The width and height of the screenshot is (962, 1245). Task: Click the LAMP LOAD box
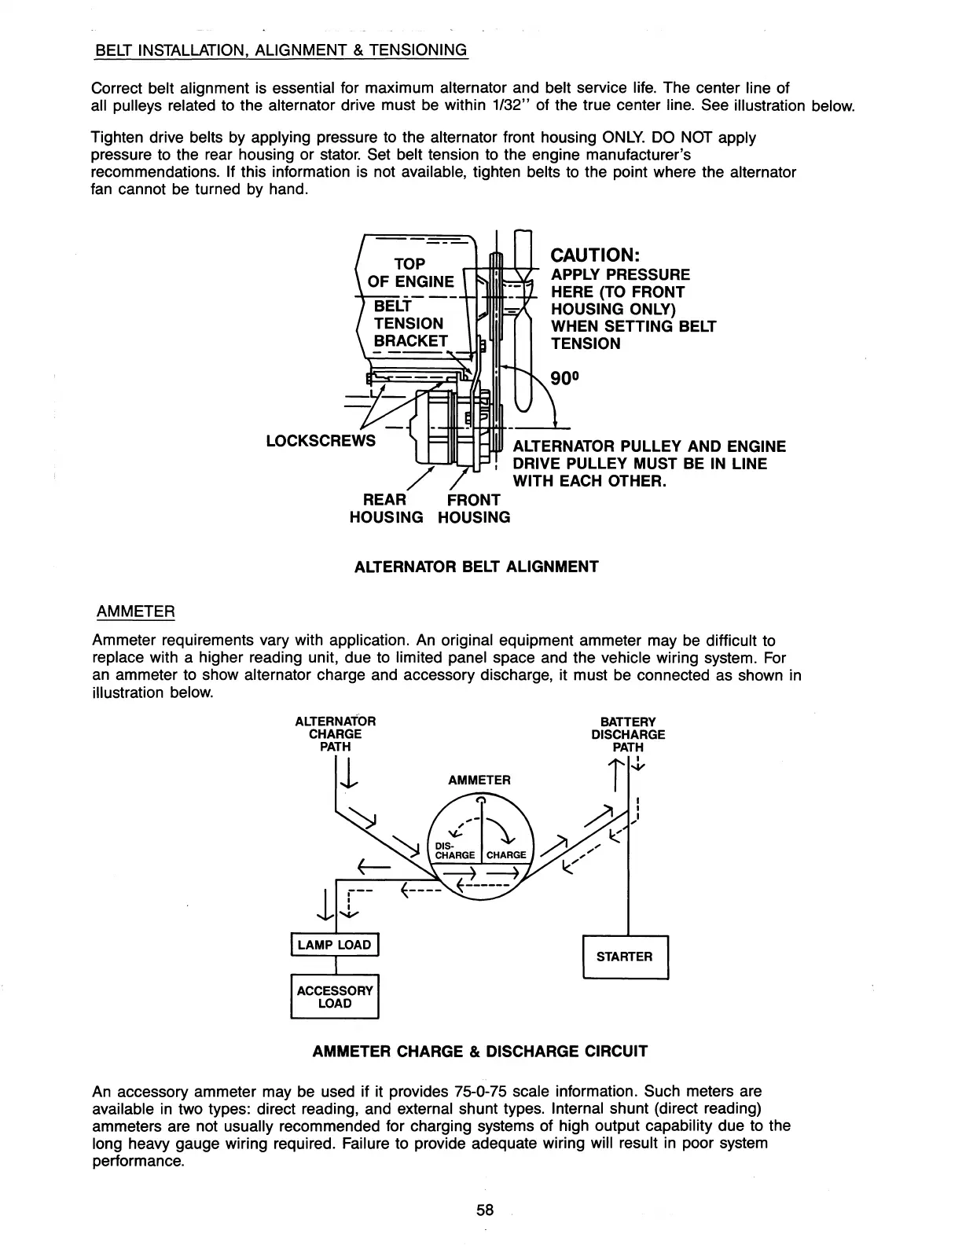335,944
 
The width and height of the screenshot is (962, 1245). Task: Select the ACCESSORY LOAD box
335,997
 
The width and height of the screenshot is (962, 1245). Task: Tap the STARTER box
625,957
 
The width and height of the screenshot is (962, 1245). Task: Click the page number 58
485,1210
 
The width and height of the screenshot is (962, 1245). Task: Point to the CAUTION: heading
597,255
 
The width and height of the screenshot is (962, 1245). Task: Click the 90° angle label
564,378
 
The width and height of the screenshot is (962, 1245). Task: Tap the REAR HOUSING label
386,509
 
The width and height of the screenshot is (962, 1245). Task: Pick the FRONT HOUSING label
474,509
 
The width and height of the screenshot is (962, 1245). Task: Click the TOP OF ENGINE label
410,272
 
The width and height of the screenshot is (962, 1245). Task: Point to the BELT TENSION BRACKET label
409,323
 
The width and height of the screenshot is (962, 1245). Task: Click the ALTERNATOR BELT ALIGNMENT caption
476,566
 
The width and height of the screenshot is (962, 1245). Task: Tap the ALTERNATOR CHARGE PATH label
335,733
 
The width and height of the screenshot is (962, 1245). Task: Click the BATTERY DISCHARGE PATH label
628,734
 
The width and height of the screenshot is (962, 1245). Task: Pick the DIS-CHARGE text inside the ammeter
454,850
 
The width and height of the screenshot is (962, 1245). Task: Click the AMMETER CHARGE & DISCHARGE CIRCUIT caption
480,1051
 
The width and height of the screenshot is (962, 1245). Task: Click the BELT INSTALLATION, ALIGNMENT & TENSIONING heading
281,50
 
